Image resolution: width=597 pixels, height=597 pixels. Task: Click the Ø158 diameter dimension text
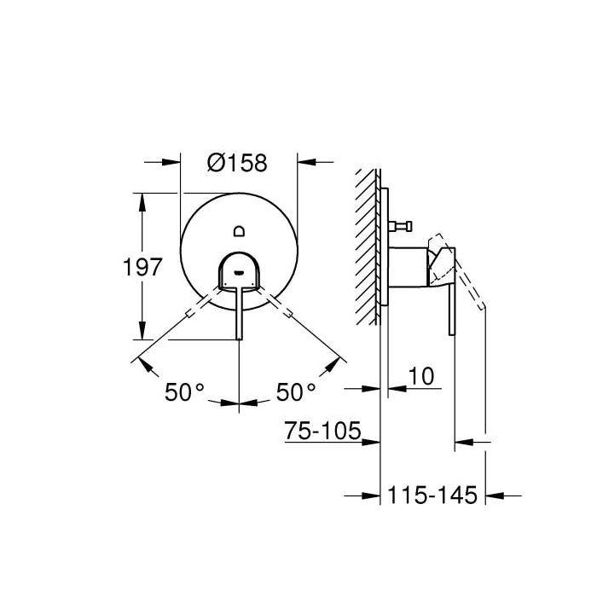tap(238, 161)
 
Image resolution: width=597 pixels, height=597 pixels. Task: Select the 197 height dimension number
tap(142, 268)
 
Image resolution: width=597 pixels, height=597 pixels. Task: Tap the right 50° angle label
tap(295, 392)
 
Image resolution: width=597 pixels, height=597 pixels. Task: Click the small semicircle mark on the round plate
tap(240, 229)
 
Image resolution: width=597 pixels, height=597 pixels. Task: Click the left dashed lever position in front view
tap(197, 310)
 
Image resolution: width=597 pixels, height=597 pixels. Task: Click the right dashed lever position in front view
tap(282, 310)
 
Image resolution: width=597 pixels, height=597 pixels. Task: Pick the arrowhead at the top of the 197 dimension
tap(142, 199)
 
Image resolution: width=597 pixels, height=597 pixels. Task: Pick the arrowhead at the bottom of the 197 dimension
tap(142, 336)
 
